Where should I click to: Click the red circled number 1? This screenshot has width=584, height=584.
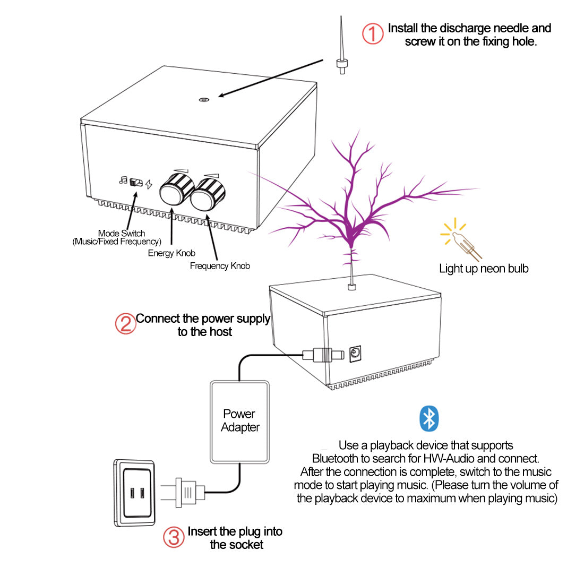(373, 33)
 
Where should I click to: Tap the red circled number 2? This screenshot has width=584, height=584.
(125, 323)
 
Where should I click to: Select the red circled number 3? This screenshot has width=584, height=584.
(173, 537)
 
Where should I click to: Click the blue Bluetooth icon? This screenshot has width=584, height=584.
(429, 418)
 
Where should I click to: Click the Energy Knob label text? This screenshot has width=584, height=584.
(171, 253)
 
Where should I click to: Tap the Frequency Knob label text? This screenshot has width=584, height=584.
(220, 266)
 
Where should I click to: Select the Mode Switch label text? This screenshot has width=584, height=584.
(121, 234)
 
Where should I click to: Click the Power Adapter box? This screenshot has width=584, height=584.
(240, 421)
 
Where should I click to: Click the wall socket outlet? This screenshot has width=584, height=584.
(135, 493)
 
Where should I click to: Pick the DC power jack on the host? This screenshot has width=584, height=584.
(356, 353)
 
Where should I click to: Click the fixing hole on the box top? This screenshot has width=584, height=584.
(204, 99)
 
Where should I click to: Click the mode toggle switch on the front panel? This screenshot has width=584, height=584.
(136, 183)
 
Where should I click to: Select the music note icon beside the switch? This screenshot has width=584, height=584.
(123, 181)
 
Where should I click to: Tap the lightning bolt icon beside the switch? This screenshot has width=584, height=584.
(149, 184)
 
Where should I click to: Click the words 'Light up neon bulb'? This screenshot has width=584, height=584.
(484, 269)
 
